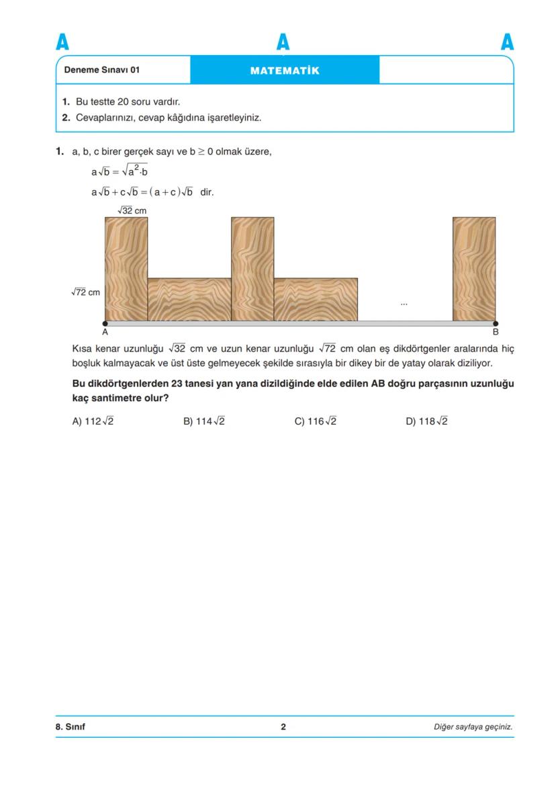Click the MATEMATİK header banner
pos(285,70)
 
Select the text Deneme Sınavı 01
pos(102,70)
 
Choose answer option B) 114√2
pos(204,421)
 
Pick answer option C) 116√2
pos(316,421)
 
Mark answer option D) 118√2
pos(426,421)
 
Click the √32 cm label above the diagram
pos(132,211)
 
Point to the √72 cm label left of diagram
pos(85,292)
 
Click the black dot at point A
pos(105,323)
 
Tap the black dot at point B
pos(496,323)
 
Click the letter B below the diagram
pos(496,332)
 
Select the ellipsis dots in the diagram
pos(404,304)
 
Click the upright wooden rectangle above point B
pos(474,269)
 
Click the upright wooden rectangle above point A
pos(126,269)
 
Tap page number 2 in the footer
pos(283,726)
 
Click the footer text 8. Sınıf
pos(71,726)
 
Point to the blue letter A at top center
pos(283,42)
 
